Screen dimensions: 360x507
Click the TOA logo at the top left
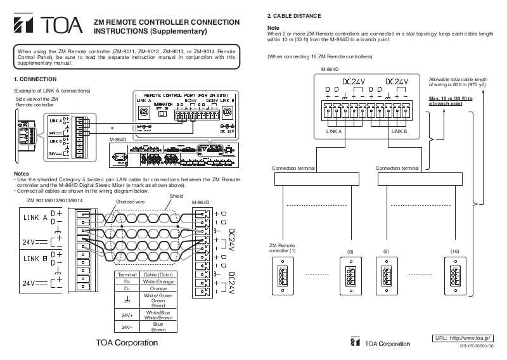(x=48, y=26)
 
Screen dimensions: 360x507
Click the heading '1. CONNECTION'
(x=35, y=79)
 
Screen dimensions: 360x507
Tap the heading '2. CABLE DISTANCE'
(x=294, y=15)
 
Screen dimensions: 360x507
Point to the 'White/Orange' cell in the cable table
(x=158, y=280)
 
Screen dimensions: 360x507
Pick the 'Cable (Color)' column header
(x=158, y=274)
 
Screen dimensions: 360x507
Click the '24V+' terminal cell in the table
(x=126, y=314)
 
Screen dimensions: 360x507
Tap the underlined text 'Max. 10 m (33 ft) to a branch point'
(x=451, y=101)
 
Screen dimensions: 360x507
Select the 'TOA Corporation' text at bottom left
(x=127, y=343)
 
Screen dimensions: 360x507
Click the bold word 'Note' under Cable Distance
(x=273, y=28)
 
